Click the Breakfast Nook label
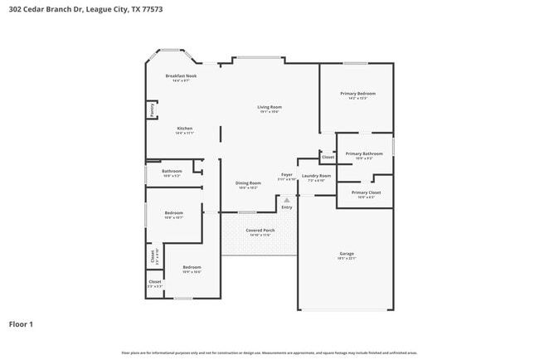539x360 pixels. (181, 75)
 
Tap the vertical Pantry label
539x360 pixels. (152, 109)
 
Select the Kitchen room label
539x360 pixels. (184, 129)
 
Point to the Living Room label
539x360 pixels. (269, 107)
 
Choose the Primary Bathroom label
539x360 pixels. (364, 153)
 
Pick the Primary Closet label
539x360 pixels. (365, 192)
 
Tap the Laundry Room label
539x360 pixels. (316, 176)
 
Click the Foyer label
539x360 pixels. (287, 175)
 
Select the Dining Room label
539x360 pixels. (249, 183)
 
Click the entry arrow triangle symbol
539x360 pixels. (287, 200)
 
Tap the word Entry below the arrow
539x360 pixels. (287, 207)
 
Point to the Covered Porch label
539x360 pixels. (260, 231)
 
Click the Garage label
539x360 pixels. (347, 253)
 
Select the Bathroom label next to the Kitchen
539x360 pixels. (172, 171)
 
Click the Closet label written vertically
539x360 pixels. (152, 257)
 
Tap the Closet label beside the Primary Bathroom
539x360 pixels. (328, 157)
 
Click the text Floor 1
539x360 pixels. (21, 324)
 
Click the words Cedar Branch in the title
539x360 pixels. (46, 9)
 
